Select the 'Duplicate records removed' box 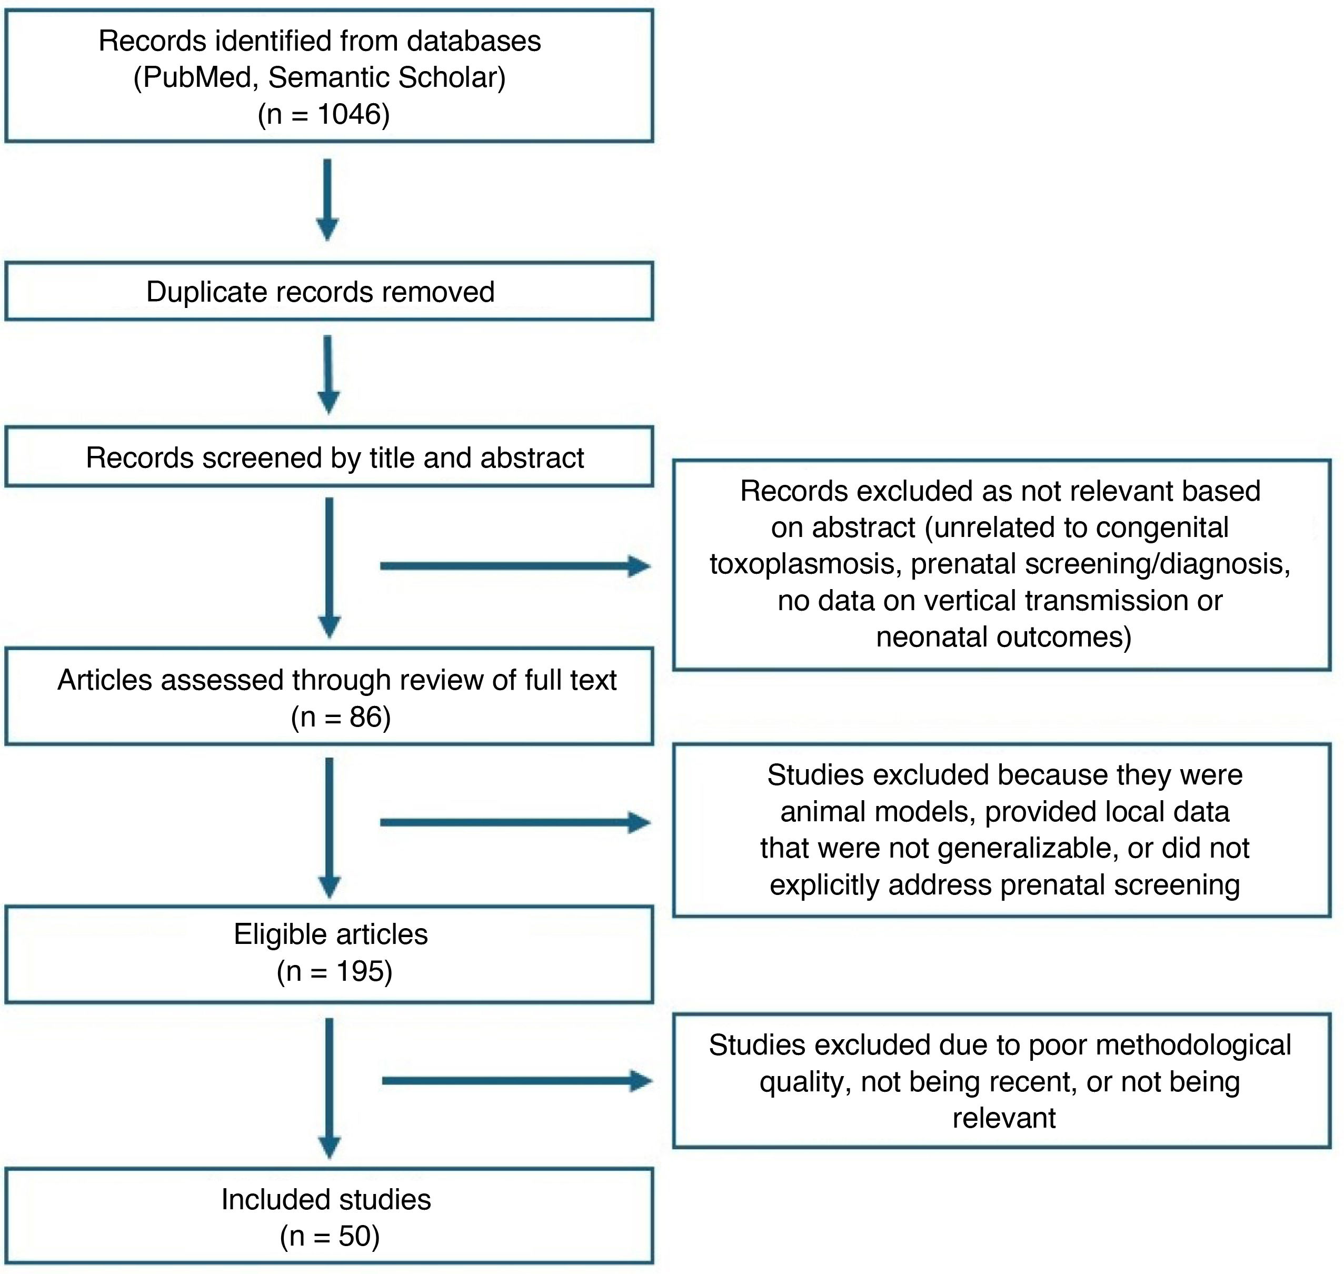click(328, 291)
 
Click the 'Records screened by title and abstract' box click(328, 456)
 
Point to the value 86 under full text click(365, 717)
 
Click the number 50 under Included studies click(355, 1236)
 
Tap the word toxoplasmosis click(802, 564)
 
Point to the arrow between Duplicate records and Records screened click(328, 374)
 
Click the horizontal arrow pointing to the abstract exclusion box click(515, 566)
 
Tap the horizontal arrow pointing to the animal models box click(515, 822)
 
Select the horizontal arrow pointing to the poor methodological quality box click(517, 1081)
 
